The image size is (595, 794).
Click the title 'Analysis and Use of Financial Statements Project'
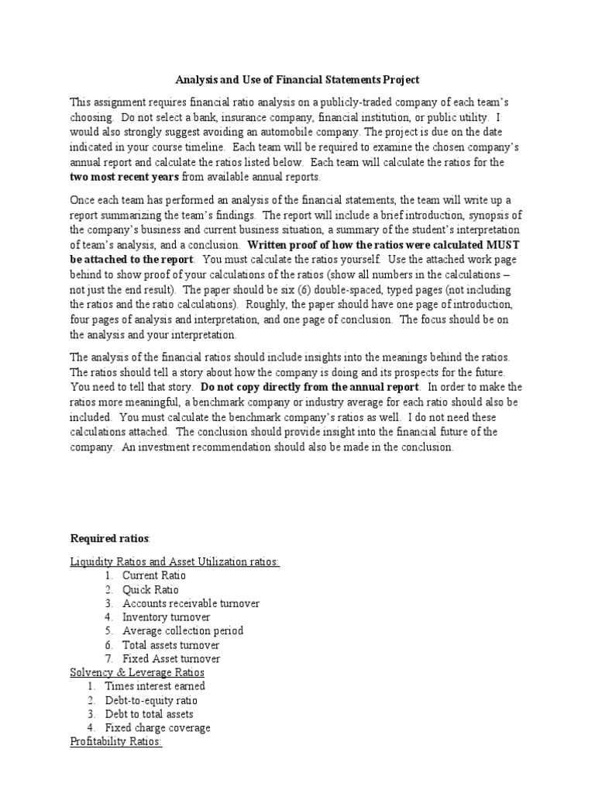coord(297,80)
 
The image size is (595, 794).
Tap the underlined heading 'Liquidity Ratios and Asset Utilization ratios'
coord(174,561)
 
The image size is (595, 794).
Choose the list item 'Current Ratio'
coord(153,575)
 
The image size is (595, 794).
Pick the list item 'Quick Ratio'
coord(150,589)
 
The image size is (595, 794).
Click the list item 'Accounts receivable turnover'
coord(191,603)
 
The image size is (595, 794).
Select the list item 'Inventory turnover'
coord(166,617)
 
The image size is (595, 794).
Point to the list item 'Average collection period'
coord(182,631)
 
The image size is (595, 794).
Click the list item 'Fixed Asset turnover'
coord(170,659)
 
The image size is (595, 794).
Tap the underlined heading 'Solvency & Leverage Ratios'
coord(137,672)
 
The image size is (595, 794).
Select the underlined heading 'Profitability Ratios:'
coord(116,742)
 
